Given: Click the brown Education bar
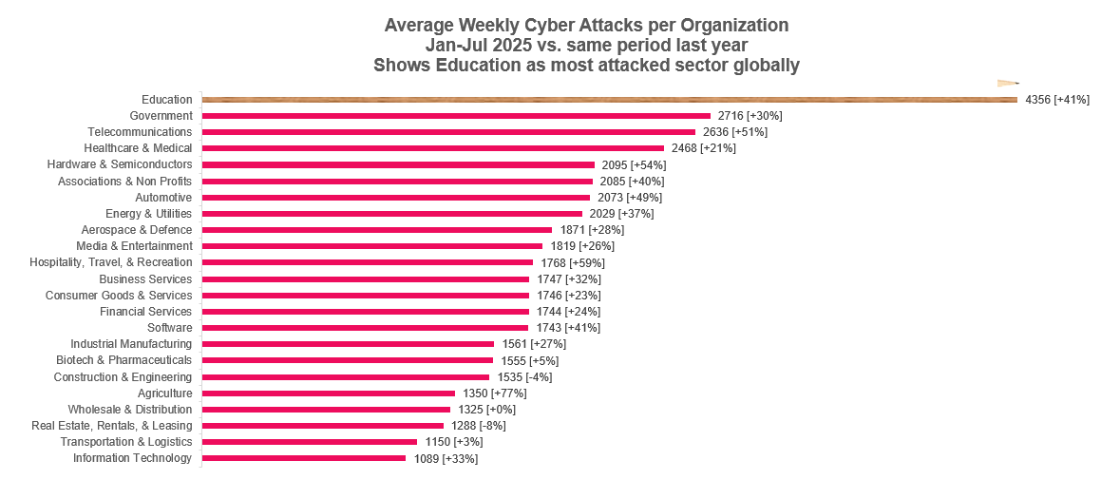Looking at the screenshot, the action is (x=610, y=100).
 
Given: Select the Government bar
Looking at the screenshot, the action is (x=456, y=116).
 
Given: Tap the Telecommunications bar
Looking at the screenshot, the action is (x=448, y=132).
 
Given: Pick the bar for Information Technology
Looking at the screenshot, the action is (x=303, y=458).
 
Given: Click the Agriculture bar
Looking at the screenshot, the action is (x=328, y=393).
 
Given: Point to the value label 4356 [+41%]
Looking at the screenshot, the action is (x=1057, y=100).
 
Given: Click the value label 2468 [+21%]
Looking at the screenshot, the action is (x=704, y=148).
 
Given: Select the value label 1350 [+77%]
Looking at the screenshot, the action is (x=495, y=393).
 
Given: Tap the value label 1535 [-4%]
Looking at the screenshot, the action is (x=524, y=376).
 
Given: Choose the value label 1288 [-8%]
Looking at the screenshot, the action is (x=479, y=426).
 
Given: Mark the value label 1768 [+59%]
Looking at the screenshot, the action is (x=573, y=263).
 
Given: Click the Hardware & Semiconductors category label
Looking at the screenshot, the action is (x=120, y=164).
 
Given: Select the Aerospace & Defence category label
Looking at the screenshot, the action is (x=136, y=230).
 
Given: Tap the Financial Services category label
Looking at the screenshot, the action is (x=145, y=312).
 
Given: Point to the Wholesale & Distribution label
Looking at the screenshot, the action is (x=130, y=409).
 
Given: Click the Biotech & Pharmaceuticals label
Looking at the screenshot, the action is (x=123, y=360).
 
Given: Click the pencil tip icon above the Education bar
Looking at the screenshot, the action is (x=1008, y=84).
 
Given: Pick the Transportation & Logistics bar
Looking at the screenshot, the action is (x=309, y=442).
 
